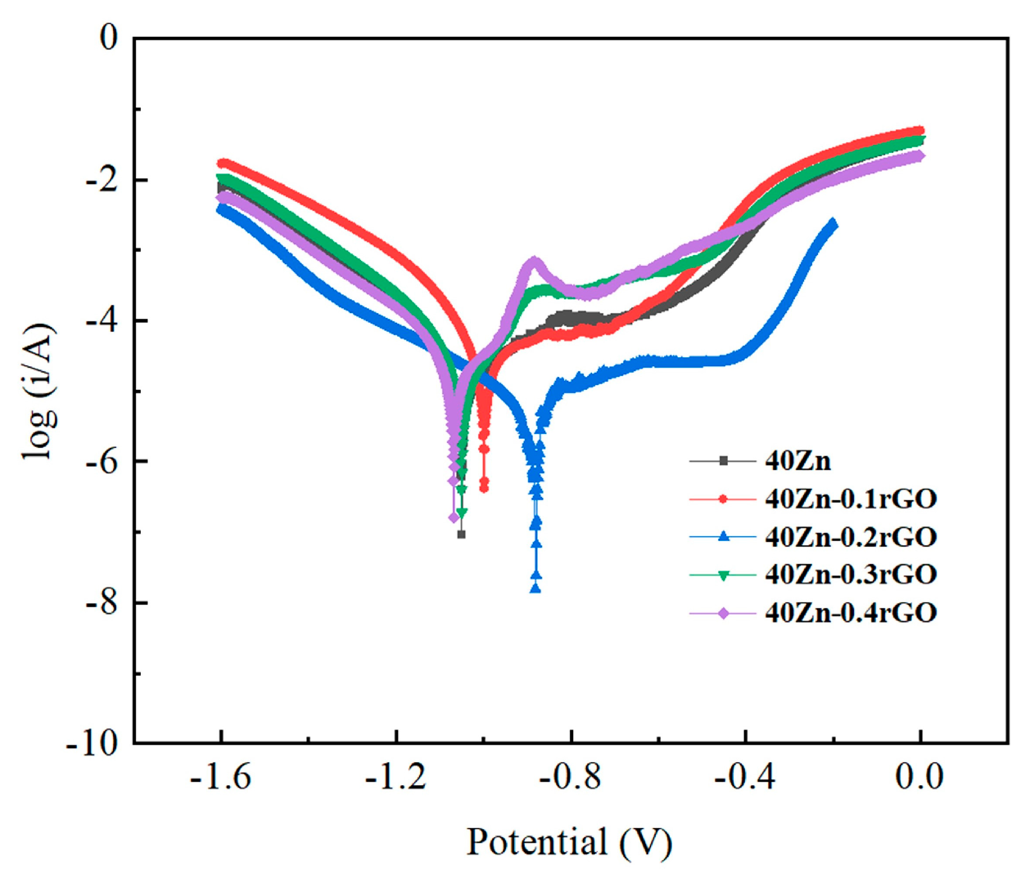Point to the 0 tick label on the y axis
click(x=109, y=38)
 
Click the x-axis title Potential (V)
click(x=569, y=842)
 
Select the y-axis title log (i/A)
click(x=40, y=391)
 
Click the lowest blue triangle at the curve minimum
click(x=535, y=588)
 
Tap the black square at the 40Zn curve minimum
click(x=461, y=534)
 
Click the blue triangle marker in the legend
click(x=723, y=537)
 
